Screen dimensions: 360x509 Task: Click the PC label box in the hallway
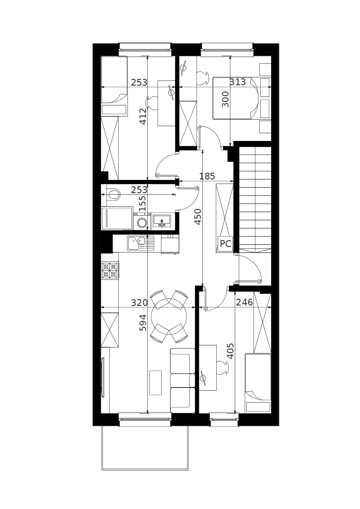pyautogui.click(x=225, y=243)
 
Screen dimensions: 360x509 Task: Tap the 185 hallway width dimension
pyautogui.click(x=207, y=176)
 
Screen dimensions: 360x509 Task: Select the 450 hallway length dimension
pyautogui.click(x=198, y=217)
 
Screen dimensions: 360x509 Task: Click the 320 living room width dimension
pyautogui.click(x=139, y=302)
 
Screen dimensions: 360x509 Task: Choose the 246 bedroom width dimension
pyautogui.click(x=244, y=302)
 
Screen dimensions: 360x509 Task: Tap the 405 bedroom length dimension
pyautogui.click(x=230, y=351)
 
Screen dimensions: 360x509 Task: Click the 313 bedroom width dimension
pyautogui.click(x=238, y=82)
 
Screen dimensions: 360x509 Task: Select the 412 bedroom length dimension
pyautogui.click(x=143, y=116)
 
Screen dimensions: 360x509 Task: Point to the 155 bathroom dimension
pyautogui.click(x=143, y=203)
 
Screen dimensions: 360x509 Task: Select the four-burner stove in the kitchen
pyautogui.click(x=110, y=271)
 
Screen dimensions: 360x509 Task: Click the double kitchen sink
pyautogui.click(x=141, y=243)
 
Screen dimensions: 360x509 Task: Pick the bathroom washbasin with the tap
pyautogui.click(x=162, y=221)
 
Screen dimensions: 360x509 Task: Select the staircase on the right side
pyautogui.click(x=255, y=199)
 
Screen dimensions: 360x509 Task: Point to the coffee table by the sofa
pyautogui.click(x=156, y=383)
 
